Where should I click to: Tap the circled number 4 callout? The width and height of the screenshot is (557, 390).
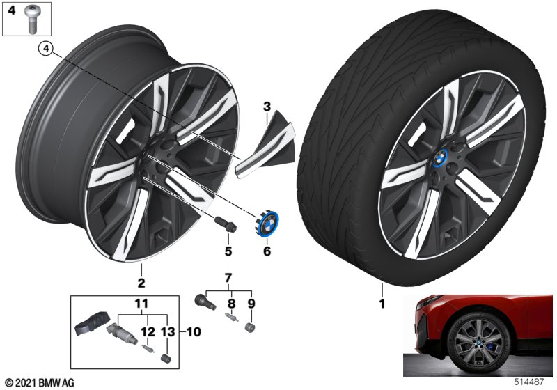45,48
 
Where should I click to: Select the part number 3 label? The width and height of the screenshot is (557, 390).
266,107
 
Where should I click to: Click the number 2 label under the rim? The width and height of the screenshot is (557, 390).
141,283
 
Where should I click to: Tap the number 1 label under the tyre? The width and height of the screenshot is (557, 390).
382,304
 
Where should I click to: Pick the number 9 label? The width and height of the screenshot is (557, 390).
143,304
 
